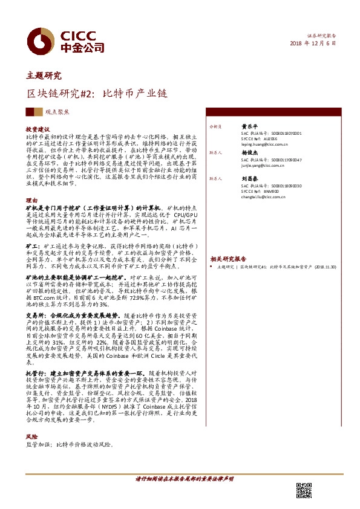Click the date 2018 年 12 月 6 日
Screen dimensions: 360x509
pyautogui.click(x=312, y=44)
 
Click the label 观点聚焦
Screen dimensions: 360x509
pyautogui.click(x=57, y=112)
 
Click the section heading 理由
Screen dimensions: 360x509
pyautogui.click(x=31, y=199)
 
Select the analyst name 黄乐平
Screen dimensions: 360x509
pyautogui.click(x=249, y=127)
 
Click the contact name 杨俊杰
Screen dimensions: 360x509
pyautogui.click(x=249, y=154)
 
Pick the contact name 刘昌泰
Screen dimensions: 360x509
pyautogui.click(x=249, y=180)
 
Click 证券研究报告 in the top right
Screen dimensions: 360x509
pyautogui.click(x=321, y=36)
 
